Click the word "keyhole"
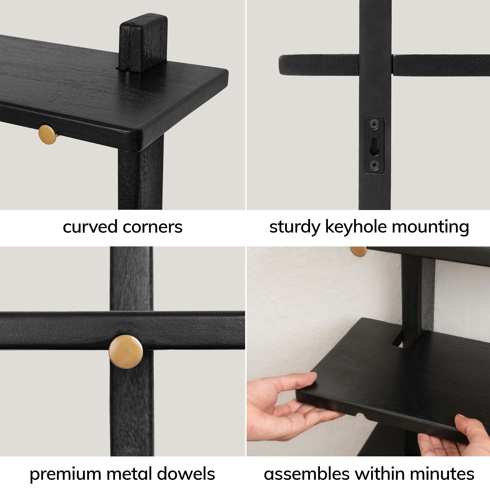coord(356,227)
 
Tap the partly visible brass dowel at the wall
coord(359,251)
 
